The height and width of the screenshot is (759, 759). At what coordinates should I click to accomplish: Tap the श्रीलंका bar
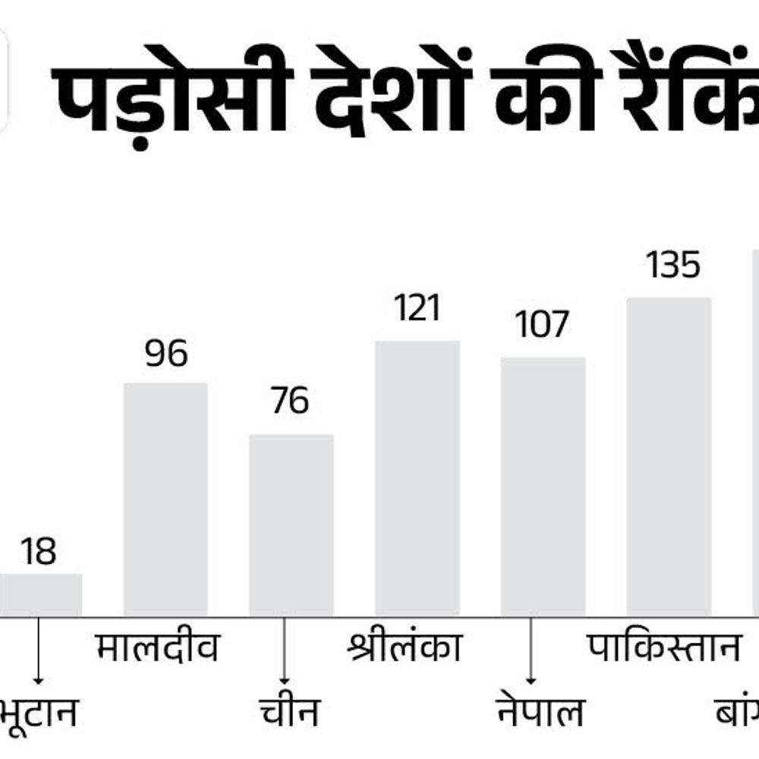417,478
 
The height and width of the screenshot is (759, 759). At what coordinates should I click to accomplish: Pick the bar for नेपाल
543,487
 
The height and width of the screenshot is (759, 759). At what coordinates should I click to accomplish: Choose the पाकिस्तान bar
669,456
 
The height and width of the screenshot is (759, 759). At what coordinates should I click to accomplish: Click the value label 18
38,552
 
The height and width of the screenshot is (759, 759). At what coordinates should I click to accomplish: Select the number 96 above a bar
166,354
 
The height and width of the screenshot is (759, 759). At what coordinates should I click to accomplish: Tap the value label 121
417,310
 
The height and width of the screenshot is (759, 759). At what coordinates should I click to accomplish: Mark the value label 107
542,326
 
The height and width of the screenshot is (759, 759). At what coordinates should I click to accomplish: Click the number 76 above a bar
290,402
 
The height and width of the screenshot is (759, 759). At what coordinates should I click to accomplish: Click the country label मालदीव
158,649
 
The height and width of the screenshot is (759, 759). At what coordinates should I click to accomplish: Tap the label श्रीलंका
404,647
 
